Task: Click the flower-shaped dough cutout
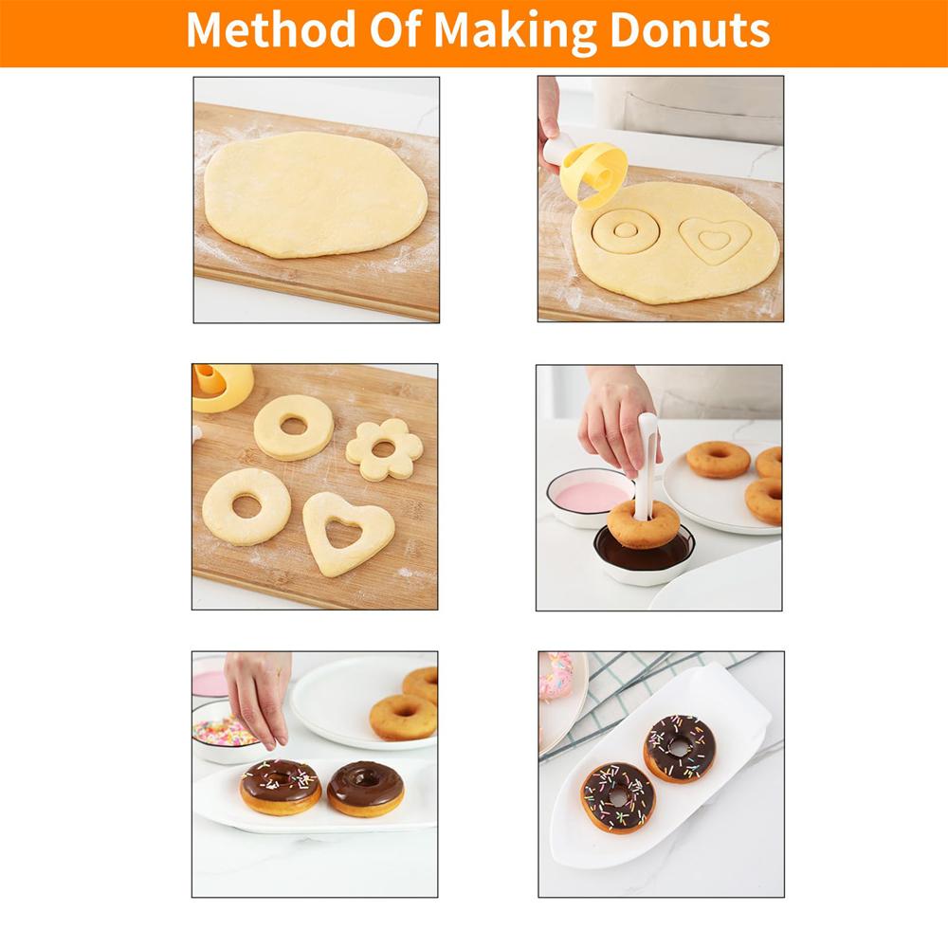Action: click(383, 448)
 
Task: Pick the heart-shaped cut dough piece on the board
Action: click(348, 532)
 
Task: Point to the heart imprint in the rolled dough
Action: click(716, 239)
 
